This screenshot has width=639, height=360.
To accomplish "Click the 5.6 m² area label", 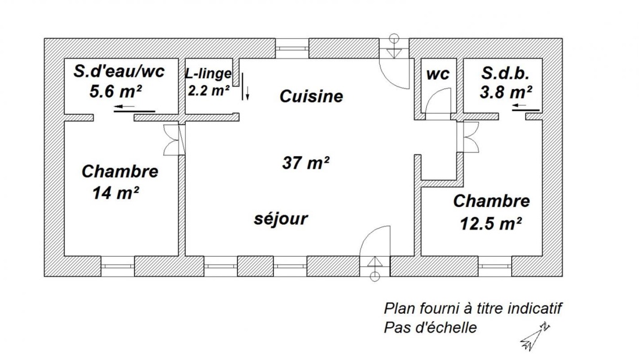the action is coord(115,91).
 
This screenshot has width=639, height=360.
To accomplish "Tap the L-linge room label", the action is coord(208,74).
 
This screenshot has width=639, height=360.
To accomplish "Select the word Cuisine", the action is coord(311,96).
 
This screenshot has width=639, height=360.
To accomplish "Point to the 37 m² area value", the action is coord(305,163).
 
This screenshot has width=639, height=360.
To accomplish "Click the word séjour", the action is coord(281,219).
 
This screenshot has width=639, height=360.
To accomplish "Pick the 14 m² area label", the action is coord(116,193).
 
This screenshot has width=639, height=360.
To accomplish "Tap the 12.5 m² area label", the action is coord(491,224).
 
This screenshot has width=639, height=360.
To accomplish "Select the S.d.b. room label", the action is coord(505,74).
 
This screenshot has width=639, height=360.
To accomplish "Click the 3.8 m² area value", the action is coord(506,92).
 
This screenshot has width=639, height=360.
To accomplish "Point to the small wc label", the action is coord(438,74).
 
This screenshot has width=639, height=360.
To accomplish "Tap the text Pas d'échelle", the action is coord(430,327).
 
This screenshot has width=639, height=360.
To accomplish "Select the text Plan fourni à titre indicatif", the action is coord(473,308).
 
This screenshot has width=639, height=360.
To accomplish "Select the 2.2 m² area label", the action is coord(208,90).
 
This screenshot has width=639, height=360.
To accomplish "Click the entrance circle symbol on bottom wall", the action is coord(375,277).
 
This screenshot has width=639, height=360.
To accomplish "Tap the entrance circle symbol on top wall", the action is coord(394,38).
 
